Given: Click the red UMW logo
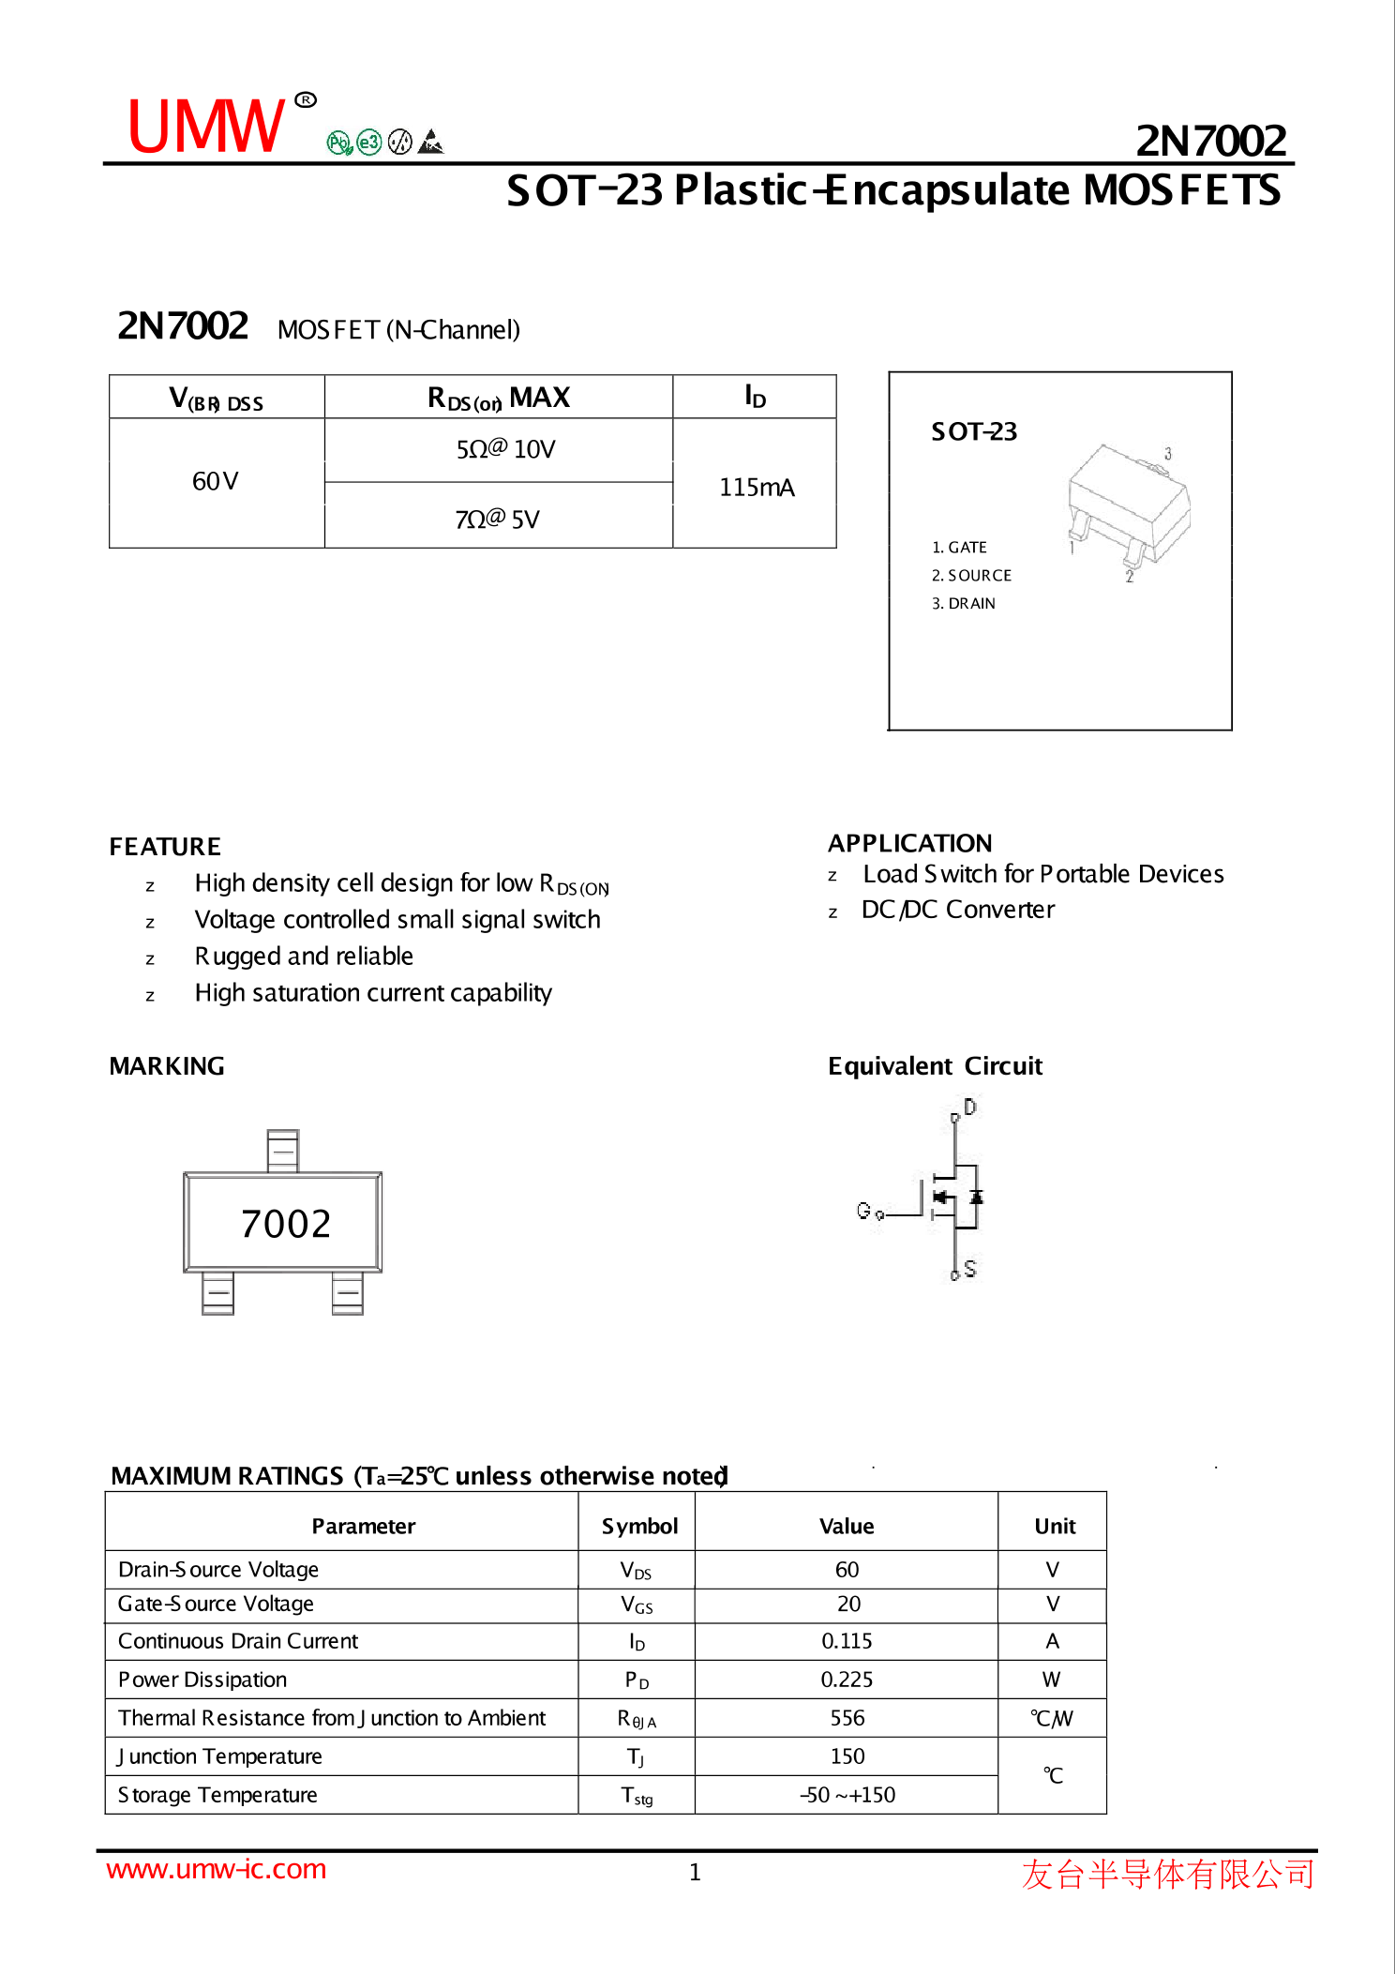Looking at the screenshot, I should coord(205,127).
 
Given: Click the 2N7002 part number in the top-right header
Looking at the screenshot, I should coord(1210,141).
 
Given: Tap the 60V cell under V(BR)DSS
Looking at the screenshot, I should coord(216,482).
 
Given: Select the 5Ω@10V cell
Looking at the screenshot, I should coord(505,449).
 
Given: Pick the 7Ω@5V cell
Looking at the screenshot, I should coord(497,519).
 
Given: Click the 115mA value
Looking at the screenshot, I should coord(756,488).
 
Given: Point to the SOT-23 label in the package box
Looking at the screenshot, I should coord(973,431).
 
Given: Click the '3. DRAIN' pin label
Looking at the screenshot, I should coord(963,604).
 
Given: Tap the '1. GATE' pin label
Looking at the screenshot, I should coord(959,548).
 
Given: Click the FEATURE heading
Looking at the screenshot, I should coord(165,847).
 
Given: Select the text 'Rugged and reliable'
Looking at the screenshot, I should coord(304,957).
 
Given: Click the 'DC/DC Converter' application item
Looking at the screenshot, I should coord(957,910).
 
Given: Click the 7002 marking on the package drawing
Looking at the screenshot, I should coord(286,1224).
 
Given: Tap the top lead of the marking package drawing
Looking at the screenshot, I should coord(282,1151).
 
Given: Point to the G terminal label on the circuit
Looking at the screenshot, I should coord(863,1211).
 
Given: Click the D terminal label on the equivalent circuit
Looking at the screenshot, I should coord(969,1108).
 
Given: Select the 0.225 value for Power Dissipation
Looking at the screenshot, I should coord(847,1680).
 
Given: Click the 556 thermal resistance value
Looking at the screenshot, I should coord(847,1718).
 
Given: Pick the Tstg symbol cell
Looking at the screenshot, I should coord(637,1796).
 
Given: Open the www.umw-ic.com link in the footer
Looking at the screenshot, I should coord(217,1869).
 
